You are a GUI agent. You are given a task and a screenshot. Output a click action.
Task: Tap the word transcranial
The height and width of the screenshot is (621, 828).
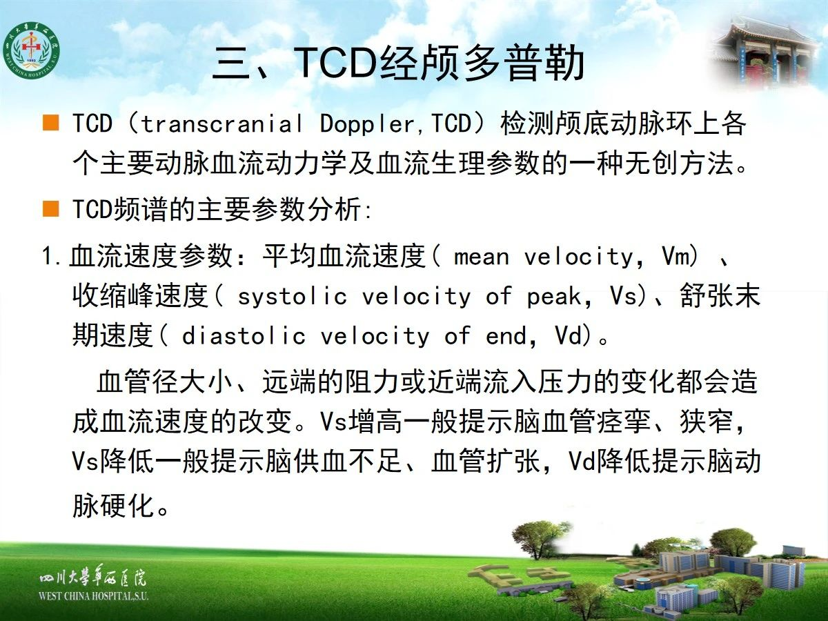pos(221,124)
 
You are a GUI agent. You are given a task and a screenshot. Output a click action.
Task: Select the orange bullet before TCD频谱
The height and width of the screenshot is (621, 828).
pos(50,208)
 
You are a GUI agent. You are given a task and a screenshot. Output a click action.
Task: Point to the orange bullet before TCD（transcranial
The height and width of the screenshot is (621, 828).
pos(50,123)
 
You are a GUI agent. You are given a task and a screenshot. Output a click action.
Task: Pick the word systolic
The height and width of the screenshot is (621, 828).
pos(293,297)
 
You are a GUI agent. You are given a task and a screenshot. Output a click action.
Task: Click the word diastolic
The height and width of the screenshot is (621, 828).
pos(244,336)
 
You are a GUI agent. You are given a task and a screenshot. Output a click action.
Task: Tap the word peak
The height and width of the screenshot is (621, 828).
pos(554,297)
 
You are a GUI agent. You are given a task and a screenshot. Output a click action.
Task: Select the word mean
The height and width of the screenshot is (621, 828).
pos(482,257)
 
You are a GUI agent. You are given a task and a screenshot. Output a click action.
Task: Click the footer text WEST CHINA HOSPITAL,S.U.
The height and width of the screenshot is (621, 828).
pos(93,596)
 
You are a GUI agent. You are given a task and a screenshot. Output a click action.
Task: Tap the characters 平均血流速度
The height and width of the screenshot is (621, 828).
pos(344,256)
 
